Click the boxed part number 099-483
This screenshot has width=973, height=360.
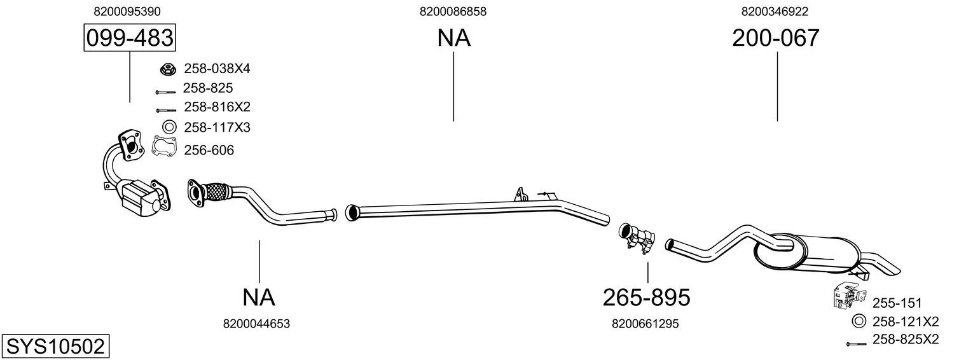point(130,38)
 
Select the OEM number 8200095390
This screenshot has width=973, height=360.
point(127,11)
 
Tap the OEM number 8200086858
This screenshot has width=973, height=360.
point(453,11)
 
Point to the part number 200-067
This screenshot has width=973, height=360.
point(775,38)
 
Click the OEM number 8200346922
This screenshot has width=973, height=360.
point(775,11)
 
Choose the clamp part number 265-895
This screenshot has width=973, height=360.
point(646,298)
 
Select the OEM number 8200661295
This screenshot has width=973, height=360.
point(645,324)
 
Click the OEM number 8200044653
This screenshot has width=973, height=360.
point(256,324)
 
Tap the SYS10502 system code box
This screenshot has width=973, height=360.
point(55,347)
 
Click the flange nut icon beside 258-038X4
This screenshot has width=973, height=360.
point(168,69)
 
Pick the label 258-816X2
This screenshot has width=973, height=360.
point(217,107)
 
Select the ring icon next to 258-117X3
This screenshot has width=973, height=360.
point(169,127)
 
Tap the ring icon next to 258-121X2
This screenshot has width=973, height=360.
point(858,321)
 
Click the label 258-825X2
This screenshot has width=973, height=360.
point(906,339)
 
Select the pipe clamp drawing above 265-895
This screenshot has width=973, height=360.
point(637,238)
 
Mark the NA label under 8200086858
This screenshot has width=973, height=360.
point(453,38)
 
